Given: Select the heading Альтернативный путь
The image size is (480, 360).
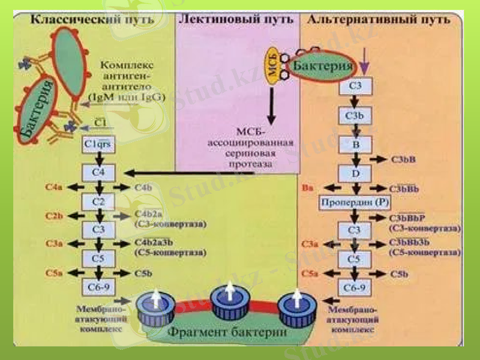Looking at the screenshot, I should [x=378, y=19].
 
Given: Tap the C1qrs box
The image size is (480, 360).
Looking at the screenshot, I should [x=98, y=145].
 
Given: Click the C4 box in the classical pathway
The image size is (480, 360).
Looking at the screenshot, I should [x=98, y=173].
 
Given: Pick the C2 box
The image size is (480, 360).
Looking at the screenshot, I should [x=98, y=202].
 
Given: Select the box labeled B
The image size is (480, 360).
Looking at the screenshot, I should [x=355, y=144].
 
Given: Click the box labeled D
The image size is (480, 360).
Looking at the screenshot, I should [x=355, y=173].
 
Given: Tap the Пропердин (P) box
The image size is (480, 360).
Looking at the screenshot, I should [x=356, y=202].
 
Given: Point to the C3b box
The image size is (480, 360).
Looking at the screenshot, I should [x=355, y=115].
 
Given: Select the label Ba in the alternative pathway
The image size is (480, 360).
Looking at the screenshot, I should [x=307, y=189].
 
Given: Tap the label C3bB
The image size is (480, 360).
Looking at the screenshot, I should [x=403, y=160].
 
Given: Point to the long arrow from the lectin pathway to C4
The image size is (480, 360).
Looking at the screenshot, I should [x=210, y=173].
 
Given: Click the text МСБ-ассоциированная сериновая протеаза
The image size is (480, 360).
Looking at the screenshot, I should [x=250, y=146].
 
